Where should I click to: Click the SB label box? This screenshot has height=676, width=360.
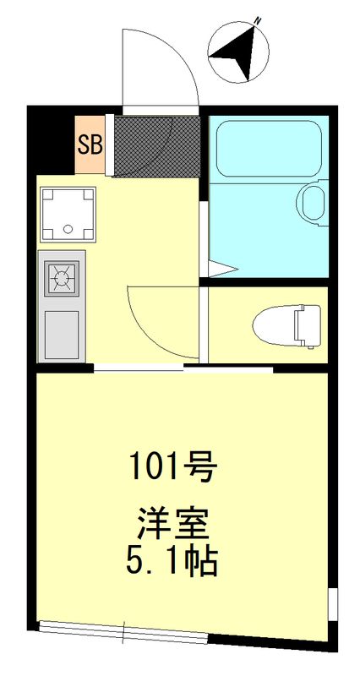[x=90, y=144]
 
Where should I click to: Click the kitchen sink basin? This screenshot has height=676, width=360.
[x=61, y=333]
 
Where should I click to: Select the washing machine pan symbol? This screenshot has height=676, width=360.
[x=66, y=211]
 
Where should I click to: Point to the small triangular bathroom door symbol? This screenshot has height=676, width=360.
[x=221, y=270]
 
